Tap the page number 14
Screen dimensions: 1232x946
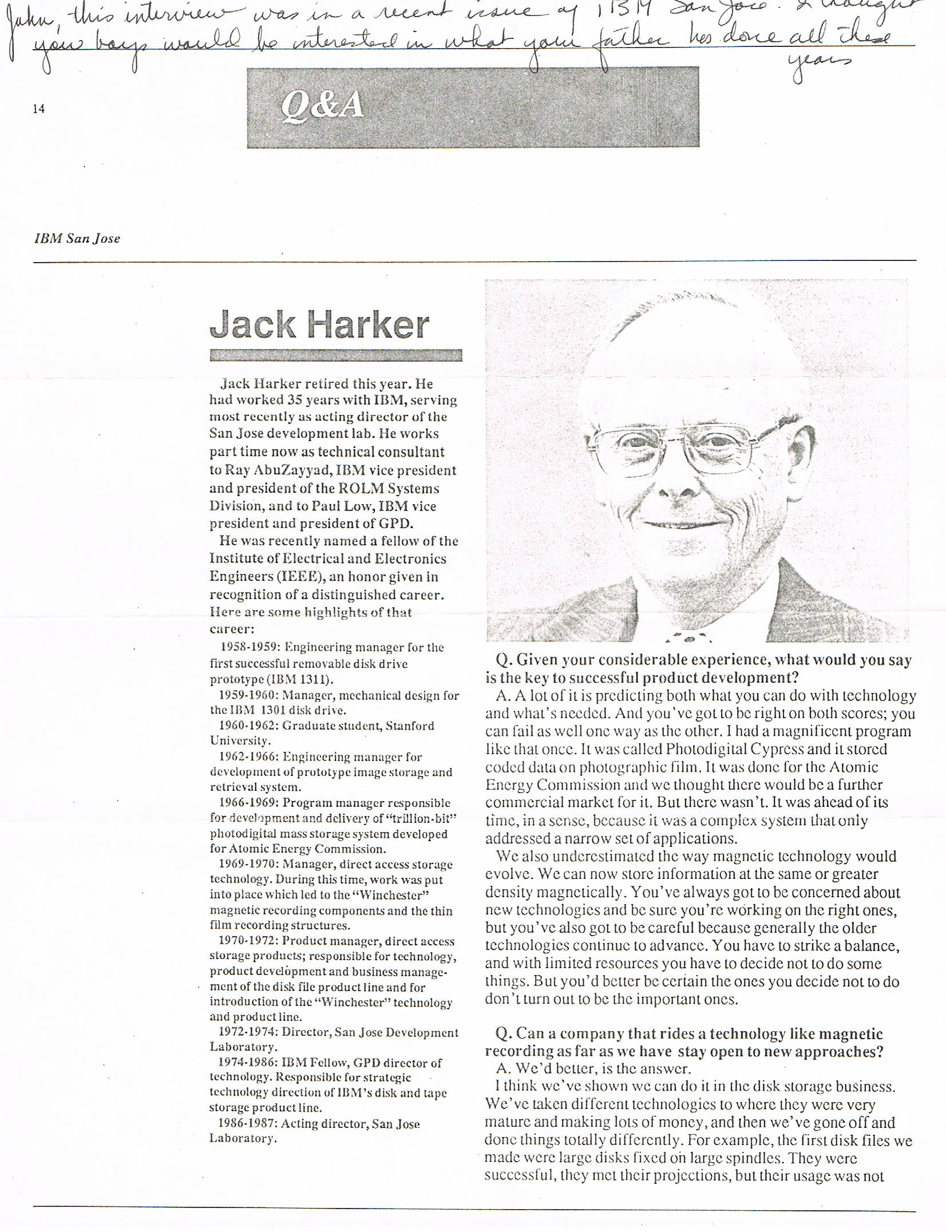(38, 109)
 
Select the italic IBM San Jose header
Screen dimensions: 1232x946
(77, 239)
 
